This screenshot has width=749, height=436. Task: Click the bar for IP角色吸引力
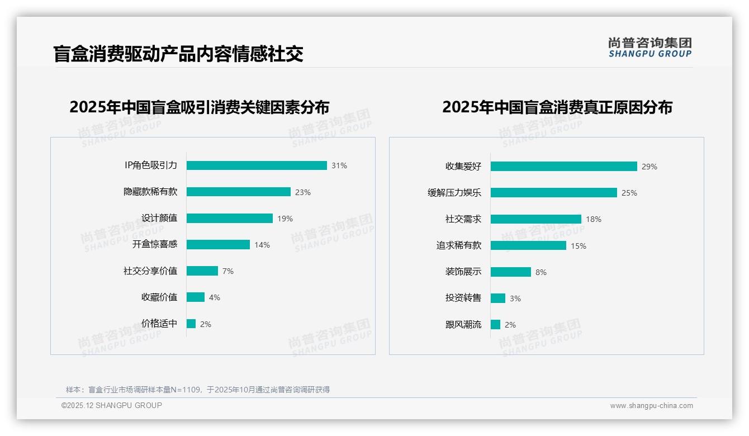pyautogui.click(x=257, y=165)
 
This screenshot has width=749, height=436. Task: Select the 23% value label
pyautogui.click(x=303, y=192)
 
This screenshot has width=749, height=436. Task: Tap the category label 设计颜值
pyautogui.click(x=159, y=218)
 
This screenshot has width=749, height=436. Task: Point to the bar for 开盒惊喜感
pyautogui.click(x=218, y=245)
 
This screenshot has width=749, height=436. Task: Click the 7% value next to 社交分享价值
pyautogui.click(x=228, y=271)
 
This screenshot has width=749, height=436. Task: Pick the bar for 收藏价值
pyautogui.click(x=196, y=297)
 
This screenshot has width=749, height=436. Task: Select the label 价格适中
pyautogui.click(x=159, y=324)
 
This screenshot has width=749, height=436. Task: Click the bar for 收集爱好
pyautogui.click(x=563, y=167)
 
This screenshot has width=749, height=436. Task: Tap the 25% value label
pyautogui.click(x=629, y=193)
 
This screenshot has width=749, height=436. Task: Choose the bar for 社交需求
pyautogui.click(x=535, y=219)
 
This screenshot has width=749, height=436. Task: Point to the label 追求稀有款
pyautogui.click(x=459, y=245)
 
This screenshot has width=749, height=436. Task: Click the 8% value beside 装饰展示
pyautogui.click(x=541, y=272)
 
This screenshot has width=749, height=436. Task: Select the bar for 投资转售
pyautogui.click(x=498, y=298)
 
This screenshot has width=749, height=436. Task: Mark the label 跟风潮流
pyautogui.click(x=463, y=325)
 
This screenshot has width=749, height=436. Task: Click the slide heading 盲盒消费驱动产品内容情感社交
pyautogui.click(x=178, y=54)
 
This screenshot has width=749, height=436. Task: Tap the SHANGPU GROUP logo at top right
pyautogui.click(x=650, y=48)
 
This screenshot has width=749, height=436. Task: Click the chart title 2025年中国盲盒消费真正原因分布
pyautogui.click(x=557, y=107)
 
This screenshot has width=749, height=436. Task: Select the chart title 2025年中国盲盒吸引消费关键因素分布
pyautogui.click(x=200, y=107)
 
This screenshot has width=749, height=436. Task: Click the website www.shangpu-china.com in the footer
pyautogui.click(x=651, y=406)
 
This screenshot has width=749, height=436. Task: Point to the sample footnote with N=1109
pyautogui.click(x=198, y=390)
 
